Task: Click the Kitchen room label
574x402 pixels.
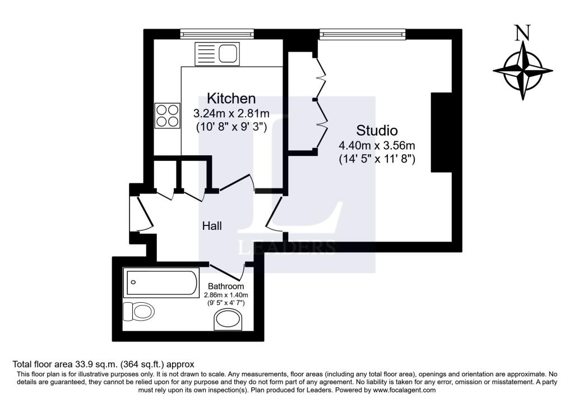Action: (231, 98)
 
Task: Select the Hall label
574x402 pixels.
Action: (212, 226)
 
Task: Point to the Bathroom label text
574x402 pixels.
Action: (226, 286)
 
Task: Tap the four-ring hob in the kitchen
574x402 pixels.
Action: (168, 115)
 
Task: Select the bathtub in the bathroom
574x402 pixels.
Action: (162, 283)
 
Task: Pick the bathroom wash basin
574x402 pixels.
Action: (228, 321)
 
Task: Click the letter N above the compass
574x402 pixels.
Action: (522, 34)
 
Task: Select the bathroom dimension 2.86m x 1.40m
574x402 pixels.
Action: (226, 295)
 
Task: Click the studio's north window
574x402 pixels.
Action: (362, 35)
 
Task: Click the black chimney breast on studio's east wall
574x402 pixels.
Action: (441, 132)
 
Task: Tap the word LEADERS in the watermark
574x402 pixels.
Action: (287, 247)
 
